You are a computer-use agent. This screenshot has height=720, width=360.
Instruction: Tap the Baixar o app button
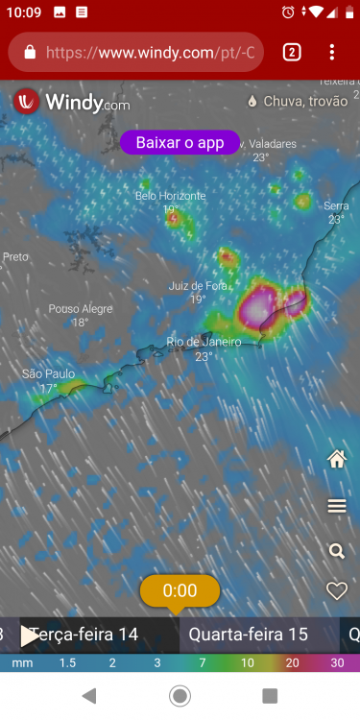click(x=180, y=142)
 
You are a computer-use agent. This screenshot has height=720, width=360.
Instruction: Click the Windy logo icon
click(x=28, y=101)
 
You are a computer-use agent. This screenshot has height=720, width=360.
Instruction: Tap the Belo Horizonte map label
click(x=170, y=196)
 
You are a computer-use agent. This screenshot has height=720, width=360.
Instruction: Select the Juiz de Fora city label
click(x=198, y=286)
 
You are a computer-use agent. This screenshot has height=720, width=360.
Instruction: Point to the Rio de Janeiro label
click(x=203, y=342)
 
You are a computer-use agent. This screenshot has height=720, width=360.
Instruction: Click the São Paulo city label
click(x=48, y=374)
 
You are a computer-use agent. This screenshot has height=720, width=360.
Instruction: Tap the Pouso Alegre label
click(x=80, y=309)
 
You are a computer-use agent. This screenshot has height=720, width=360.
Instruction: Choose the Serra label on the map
click(x=336, y=206)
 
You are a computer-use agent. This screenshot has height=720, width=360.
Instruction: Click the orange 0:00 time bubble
click(x=180, y=590)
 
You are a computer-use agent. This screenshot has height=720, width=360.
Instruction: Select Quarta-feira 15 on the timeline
click(x=248, y=635)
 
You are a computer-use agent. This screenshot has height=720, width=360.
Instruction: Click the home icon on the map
click(x=337, y=460)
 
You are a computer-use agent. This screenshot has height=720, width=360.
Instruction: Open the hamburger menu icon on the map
click(x=337, y=506)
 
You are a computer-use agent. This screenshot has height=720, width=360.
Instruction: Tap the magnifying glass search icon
click(x=337, y=551)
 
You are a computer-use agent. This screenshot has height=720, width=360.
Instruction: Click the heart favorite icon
click(x=337, y=591)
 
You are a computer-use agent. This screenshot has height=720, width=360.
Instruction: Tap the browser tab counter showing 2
click(x=292, y=52)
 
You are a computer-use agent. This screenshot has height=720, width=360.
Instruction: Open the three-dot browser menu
click(x=332, y=52)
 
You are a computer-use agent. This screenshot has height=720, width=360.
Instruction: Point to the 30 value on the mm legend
click(x=337, y=663)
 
